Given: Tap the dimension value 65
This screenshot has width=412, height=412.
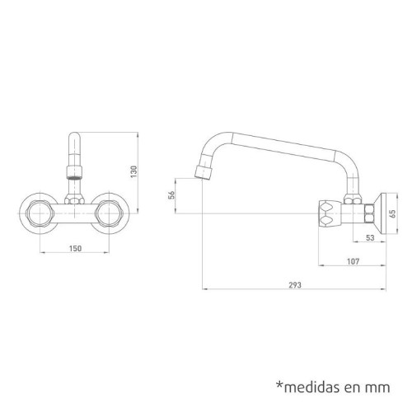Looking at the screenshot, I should [393, 212].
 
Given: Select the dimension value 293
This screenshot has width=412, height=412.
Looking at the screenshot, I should [294, 284].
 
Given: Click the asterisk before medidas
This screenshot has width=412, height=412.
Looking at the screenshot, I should [279, 382].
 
